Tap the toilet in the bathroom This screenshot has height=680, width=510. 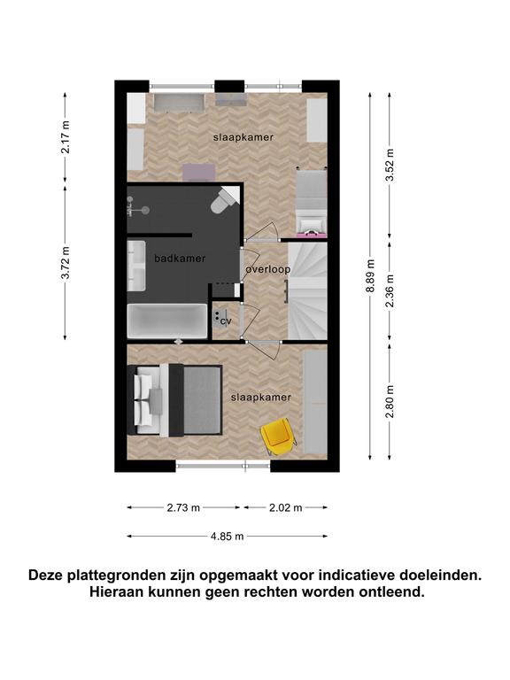(x=224, y=200)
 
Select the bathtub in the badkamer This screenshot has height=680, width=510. (x=167, y=321)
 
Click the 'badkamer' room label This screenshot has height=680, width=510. (x=180, y=259)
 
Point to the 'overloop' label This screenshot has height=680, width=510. (x=268, y=269)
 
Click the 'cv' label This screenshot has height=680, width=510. (x=226, y=321)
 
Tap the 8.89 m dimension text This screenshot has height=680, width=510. (x=371, y=276)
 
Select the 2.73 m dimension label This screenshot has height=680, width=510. (x=183, y=507)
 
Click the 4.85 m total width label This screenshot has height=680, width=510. (x=228, y=537)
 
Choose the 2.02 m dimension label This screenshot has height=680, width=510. (x=285, y=507)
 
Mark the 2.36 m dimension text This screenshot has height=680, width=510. (x=390, y=290)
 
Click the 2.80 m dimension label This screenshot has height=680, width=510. (x=390, y=402)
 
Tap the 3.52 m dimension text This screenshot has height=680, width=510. (x=390, y=166)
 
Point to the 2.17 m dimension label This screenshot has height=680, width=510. (x=66, y=137)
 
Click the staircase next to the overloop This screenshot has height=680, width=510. (x=307, y=291)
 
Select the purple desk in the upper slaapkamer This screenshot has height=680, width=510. (x=198, y=172)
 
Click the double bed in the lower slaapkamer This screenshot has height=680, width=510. (x=174, y=400)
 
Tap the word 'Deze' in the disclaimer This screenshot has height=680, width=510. (x=45, y=576)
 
